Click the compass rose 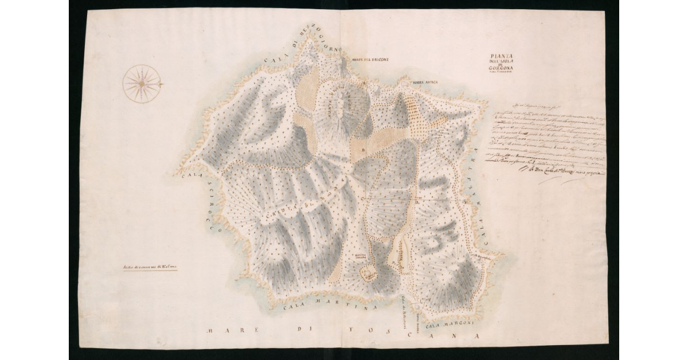coord(142,84)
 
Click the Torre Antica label coord(424,83)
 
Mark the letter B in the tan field coord(362,150)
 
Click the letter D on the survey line coord(417,202)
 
